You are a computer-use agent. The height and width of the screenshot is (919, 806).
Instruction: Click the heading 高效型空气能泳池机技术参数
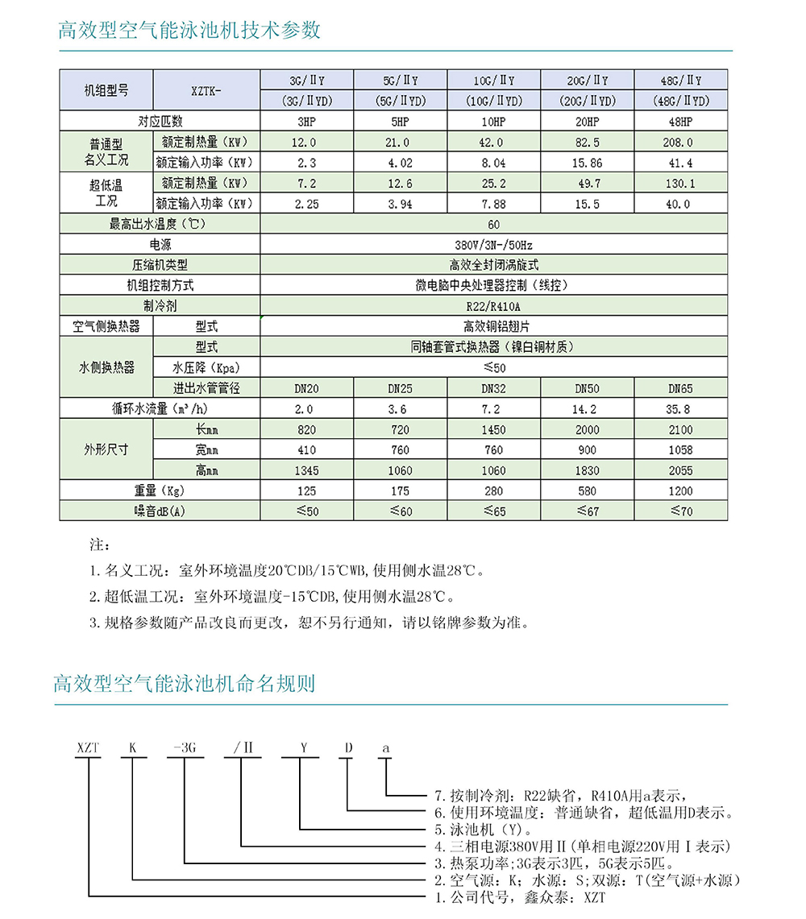[189, 31]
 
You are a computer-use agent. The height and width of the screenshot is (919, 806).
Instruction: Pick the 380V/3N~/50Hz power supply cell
[493, 244]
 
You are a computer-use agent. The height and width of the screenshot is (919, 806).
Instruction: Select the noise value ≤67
[587, 511]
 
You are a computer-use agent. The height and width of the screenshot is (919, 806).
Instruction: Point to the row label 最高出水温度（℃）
[160, 224]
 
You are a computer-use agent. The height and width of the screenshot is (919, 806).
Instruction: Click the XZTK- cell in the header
[206, 91]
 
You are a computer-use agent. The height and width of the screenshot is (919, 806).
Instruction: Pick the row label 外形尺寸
[106, 449]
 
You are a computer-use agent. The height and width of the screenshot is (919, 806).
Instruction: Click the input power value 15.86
[587, 163]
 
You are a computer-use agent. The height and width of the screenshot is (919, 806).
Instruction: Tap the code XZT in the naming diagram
[87, 748]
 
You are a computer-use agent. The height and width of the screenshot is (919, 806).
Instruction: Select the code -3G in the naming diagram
[185, 748]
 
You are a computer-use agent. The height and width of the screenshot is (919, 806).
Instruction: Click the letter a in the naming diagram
[386, 748]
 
